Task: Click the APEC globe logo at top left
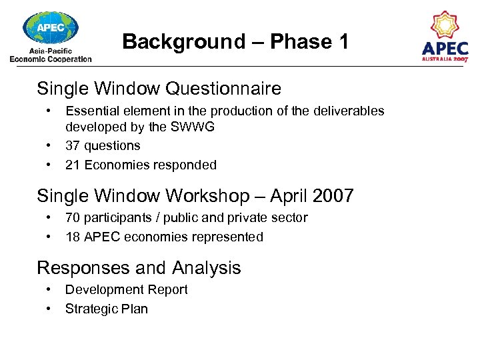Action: (x=50, y=28)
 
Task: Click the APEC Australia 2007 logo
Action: (x=445, y=37)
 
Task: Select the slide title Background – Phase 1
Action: (x=235, y=41)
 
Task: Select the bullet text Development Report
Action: (x=126, y=290)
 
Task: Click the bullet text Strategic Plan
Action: (x=106, y=309)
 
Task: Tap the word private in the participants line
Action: (x=253, y=217)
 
